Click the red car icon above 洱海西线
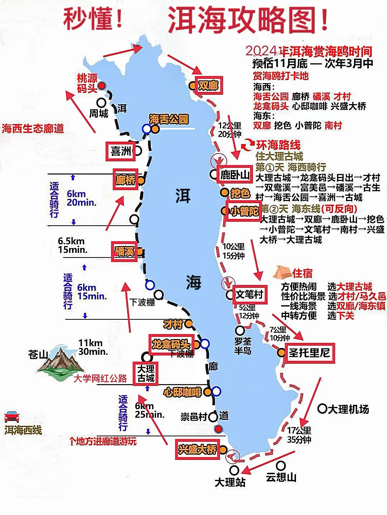(x=12, y=417)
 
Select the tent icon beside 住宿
(x=282, y=273)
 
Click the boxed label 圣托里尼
(x=310, y=353)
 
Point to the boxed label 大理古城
(x=146, y=373)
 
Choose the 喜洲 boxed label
(x=121, y=151)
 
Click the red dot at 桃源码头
(x=102, y=86)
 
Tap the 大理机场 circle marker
(x=322, y=408)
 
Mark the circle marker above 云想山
(x=281, y=465)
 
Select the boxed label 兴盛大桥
(x=197, y=449)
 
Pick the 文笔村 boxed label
(x=249, y=295)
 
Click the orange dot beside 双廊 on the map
(x=193, y=86)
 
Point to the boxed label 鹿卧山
(x=235, y=175)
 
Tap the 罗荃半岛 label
(x=243, y=346)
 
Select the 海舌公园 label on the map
(x=169, y=119)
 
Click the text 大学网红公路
(x=100, y=378)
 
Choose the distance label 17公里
(x=299, y=430)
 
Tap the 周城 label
(x=99, y=113)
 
